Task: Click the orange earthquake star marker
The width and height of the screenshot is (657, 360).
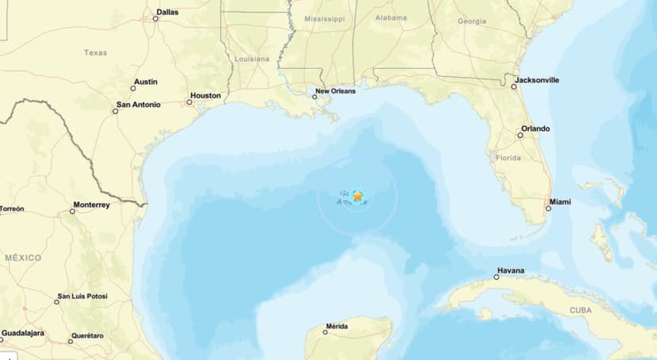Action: coord(358,195)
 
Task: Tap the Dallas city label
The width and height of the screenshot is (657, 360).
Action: coord(167,12)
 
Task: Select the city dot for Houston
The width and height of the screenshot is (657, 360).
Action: coord(190,102)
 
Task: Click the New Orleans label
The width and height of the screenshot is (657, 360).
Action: coord(336,91)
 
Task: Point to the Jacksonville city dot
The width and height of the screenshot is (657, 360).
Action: coord(514,86)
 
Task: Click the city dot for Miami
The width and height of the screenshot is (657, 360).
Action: coord(547,209)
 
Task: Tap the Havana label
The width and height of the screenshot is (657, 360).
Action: coord(510,270)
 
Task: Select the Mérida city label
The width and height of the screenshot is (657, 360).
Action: coord(336,327)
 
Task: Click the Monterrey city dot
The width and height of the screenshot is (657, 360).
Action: coord(72,211)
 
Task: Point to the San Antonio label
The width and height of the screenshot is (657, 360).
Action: coord(138,104)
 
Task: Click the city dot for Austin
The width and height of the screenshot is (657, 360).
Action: coord(133,88)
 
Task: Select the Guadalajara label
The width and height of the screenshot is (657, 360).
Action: coord(23,333)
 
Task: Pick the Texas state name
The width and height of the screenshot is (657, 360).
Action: coord(95,52)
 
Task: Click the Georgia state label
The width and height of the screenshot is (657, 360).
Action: coord(471,21)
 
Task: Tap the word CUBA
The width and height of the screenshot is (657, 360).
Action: coord(580,310)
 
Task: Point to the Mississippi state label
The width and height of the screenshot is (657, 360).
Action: coord(325,17)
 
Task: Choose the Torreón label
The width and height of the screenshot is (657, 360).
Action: coord(12,209)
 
